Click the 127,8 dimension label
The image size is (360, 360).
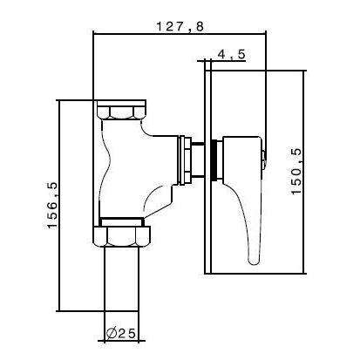(x=180, y=26)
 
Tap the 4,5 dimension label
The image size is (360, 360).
(x=232, y=54)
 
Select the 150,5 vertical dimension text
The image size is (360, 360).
(x=297, y=172)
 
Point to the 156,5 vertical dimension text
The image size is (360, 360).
(x=52, y=206)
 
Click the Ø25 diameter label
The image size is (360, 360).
(x=121, y=334)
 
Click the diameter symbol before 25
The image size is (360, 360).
(x=112, y=334)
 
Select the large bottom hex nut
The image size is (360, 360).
(x=122, y=236)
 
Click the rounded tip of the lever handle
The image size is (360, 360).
(x=254, y=261)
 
